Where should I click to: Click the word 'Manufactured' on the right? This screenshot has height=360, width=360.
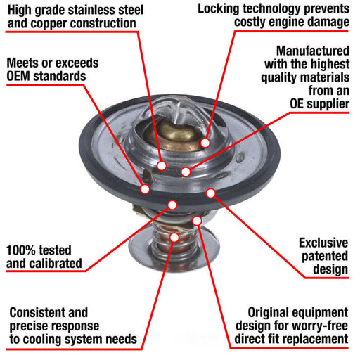(311, 51)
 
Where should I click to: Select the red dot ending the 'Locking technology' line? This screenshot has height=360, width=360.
(205, 143)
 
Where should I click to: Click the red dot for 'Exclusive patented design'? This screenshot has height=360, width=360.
(210, 192)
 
